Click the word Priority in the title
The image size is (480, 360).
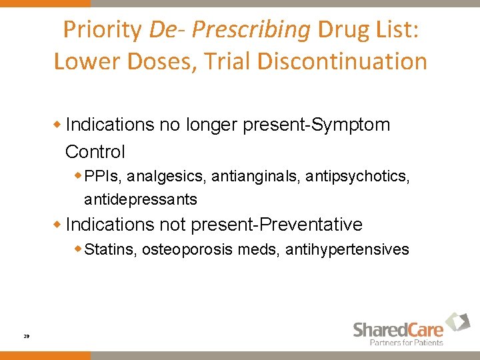(x=103, y=30)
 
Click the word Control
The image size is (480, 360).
(x=95, y=152)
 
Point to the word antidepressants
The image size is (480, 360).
(x=140, y=199)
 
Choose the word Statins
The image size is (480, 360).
(x=111, y=250)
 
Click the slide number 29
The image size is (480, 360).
(x=26, y=337)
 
